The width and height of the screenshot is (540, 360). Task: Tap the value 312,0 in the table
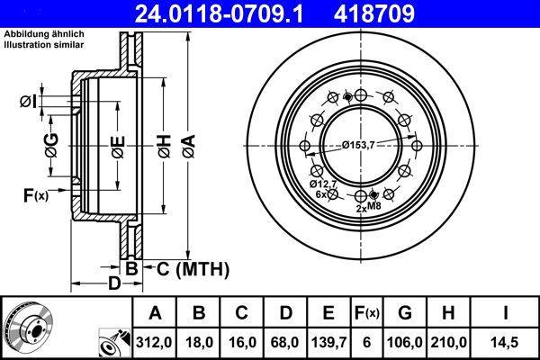(155, 341)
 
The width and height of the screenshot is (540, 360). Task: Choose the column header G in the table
(404, 313)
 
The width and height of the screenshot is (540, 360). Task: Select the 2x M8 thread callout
(369, 208)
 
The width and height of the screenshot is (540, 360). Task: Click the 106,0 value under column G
(404, 341)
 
